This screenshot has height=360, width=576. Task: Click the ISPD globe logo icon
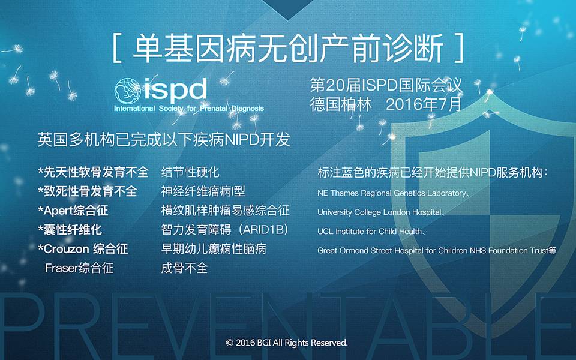[x=127, y=91]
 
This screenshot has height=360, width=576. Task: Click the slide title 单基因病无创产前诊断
[x=288, y=49]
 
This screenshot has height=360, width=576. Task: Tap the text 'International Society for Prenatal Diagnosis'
[x=189, y=109]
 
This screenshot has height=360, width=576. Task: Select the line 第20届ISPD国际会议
[x=386, y=85]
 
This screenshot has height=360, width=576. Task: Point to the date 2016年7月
[x=424, y=104]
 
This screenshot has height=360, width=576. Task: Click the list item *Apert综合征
[x=73, y=211]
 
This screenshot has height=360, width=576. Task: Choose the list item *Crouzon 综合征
[x=83, y=248]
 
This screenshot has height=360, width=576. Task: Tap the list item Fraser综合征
[x=79, y=268]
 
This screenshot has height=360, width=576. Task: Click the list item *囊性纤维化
[x=70, y=230]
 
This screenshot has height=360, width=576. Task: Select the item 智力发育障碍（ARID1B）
[x=224, y=230]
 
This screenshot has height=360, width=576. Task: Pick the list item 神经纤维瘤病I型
[x=203, y=191]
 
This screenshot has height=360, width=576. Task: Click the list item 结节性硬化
[x=190, y=172]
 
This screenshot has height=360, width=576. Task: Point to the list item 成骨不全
[x=184, y=268]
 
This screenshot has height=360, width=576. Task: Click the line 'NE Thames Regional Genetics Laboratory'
[x=392, y=193]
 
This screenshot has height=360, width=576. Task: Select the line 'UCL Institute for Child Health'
[x=370, y=232]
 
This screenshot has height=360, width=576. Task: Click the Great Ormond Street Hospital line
[x=437, y=251]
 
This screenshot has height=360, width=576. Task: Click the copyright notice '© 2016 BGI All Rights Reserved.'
[x=287, y=343]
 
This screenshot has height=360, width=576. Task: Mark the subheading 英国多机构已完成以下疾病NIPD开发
[x=164, y=140]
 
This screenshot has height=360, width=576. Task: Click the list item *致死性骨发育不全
[x=88, y=191]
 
